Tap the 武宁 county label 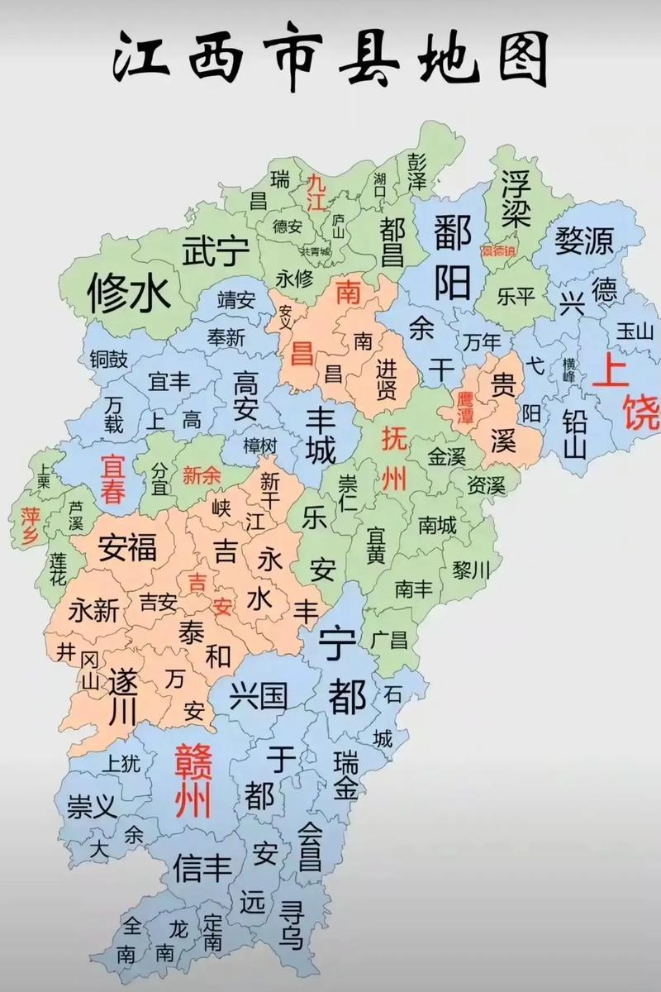(x=215, y=249)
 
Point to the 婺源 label (x=584, y=241)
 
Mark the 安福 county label (x=127, y=547)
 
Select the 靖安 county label (x=236, y=299)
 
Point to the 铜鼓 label (x=109, y=359)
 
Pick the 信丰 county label (x=202, y=867)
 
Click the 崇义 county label (x=92, y=807)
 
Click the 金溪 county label (x=446, y=455)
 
